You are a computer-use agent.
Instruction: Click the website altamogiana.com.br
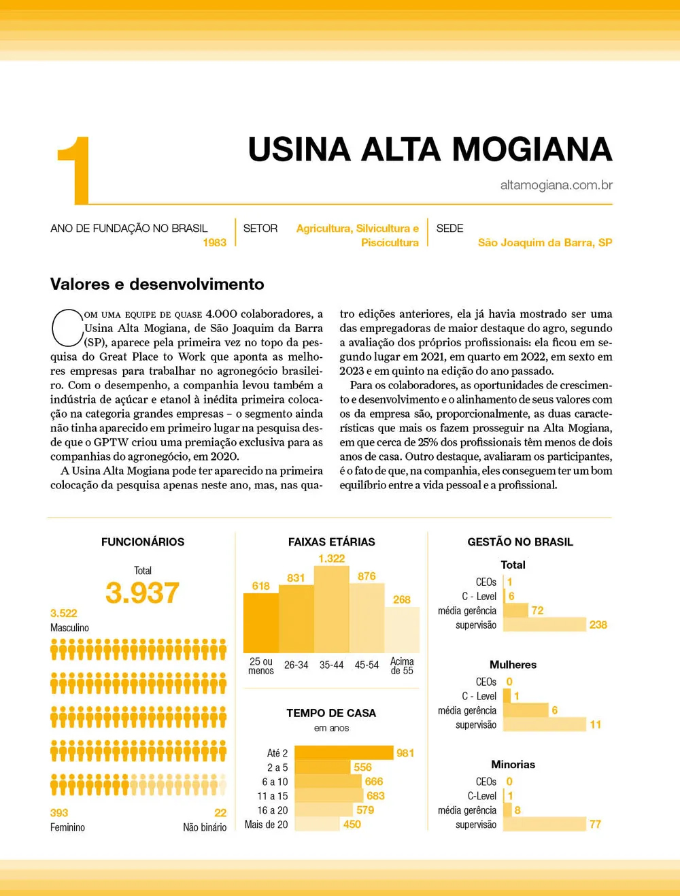click(x=556, y=185)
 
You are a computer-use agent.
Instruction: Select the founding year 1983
click(x=214, y=243)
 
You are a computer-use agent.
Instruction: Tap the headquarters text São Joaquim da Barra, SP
click(x=545, y=243)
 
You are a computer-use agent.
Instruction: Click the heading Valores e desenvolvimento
click(x=157, y=284)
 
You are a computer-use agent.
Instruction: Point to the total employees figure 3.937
click(x=142, y=593)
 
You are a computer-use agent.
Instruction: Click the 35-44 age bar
click(x=331, y=610)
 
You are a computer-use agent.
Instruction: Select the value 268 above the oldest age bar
click(x=402, y=599)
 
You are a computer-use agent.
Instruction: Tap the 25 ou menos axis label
click(x=261, y=666)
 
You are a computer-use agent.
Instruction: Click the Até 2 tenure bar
click(x=344, y=753)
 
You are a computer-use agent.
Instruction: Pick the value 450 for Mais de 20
click(x=352, y=825)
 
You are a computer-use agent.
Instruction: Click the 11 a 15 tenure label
click(x=272, y=796)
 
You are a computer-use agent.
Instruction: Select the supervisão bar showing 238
click(x=545, y=625)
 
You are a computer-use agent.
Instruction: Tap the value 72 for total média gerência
click(x=538, y=610)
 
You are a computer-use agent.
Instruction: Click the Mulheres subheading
click(x=513, y=665)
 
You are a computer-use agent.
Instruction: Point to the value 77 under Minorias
click(x=595, y=825)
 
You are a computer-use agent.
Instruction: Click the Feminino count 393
click(x=59, y=813)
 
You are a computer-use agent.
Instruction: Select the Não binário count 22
click(x=220, y=813)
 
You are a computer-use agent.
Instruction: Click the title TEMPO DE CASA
click(x=331, y=713)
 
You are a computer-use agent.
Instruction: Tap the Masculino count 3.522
click(x=64, y=613)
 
